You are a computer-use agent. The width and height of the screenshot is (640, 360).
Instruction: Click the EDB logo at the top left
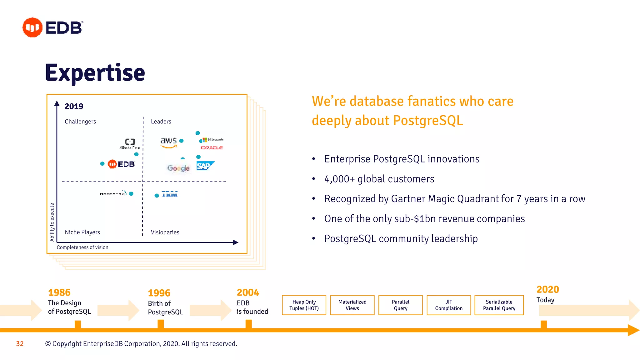click(52, 27)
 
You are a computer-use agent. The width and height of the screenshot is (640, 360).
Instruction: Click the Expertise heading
click(95, 72)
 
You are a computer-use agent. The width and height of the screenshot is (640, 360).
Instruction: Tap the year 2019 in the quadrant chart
click(74, 106)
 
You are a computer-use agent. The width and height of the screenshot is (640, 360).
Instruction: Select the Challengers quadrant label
click(80, 122)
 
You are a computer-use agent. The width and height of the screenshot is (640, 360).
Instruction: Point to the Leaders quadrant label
click(161, 122)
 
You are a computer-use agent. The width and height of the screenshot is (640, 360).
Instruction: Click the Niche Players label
click(82, 232)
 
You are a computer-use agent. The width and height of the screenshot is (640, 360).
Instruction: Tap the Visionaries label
click(165, 232)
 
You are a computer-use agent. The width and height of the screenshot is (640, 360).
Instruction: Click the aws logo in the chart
click(169, 142)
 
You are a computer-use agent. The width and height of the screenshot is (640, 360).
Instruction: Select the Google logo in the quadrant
click(178, 168)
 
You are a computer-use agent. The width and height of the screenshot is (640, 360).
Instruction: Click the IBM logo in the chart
click(170, 195)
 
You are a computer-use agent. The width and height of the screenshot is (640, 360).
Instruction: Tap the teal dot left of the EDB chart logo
click(102, 164)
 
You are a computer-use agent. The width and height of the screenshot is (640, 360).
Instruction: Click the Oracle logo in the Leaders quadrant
click(212, 148)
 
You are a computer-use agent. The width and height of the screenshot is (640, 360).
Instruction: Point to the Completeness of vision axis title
click(82, 247)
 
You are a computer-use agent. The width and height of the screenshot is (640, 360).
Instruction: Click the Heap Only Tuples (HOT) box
click(304, 305)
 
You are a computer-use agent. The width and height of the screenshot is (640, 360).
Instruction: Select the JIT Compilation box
click(449, 305)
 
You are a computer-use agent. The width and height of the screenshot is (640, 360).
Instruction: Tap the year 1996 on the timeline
click(159, 293)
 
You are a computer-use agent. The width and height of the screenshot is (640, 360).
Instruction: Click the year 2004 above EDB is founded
click(248, 292)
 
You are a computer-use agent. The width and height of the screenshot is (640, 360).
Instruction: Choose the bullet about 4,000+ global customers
click(379, 179)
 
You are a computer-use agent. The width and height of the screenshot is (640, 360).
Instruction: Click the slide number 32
click(20, 344)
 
